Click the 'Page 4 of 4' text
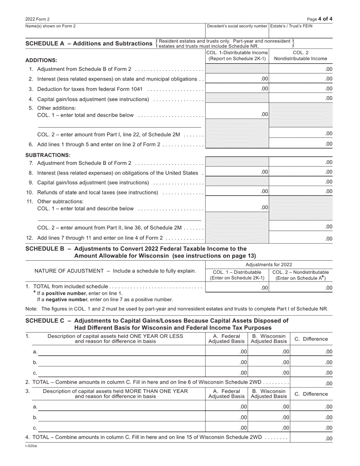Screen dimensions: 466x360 (321, 19)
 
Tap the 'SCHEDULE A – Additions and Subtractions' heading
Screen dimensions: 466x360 (89, 44)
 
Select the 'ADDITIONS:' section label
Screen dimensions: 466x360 (41, 60)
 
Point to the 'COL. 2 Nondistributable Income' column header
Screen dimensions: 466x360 (301, 56)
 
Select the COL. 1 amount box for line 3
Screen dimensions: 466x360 (237, 89)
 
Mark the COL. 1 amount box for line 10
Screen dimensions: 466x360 (237, 192)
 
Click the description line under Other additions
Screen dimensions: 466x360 (119, 125)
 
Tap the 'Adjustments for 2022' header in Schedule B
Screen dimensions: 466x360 (269, 264)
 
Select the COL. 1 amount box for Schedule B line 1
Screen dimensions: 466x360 (237, 288)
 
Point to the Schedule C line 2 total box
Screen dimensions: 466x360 (311, 383)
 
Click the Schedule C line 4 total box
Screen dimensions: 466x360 (311, 438)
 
